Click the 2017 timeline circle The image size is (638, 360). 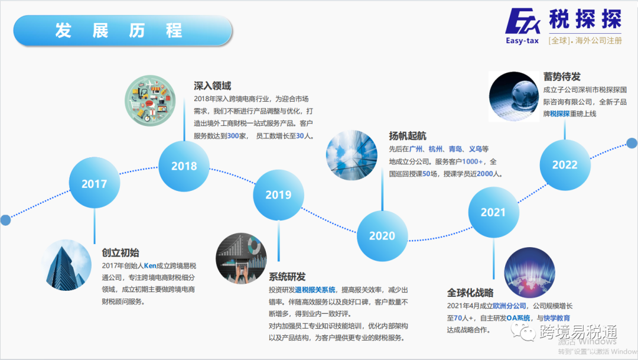click(94, 184)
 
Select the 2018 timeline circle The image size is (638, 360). click(184, 166)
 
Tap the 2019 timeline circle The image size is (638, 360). click(278, 194)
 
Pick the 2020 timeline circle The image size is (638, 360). click(382, 236)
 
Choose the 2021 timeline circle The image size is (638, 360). click(493, 212)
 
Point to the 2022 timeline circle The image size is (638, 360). click(565, 165)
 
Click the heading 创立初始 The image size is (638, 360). click(120, 253)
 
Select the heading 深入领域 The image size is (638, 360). click(212, 86)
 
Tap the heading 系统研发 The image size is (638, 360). click(287, 277)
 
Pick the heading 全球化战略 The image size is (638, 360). click(470, 293)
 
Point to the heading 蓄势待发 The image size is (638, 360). click(562, 77)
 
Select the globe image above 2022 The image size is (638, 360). click(514, 96)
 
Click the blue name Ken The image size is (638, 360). click(149, 266)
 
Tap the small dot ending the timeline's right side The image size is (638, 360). click(632, 143)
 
